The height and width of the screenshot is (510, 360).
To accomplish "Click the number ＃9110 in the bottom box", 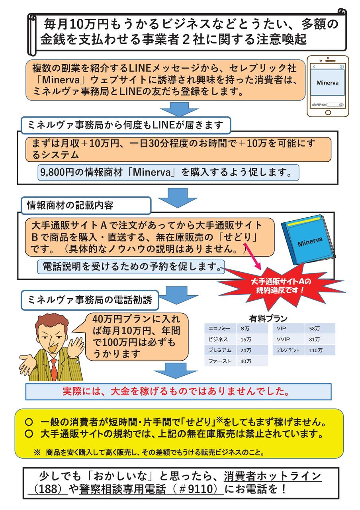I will (x=199, y=488).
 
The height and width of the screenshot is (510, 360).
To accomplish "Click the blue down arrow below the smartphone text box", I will (x=172, y=110).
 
